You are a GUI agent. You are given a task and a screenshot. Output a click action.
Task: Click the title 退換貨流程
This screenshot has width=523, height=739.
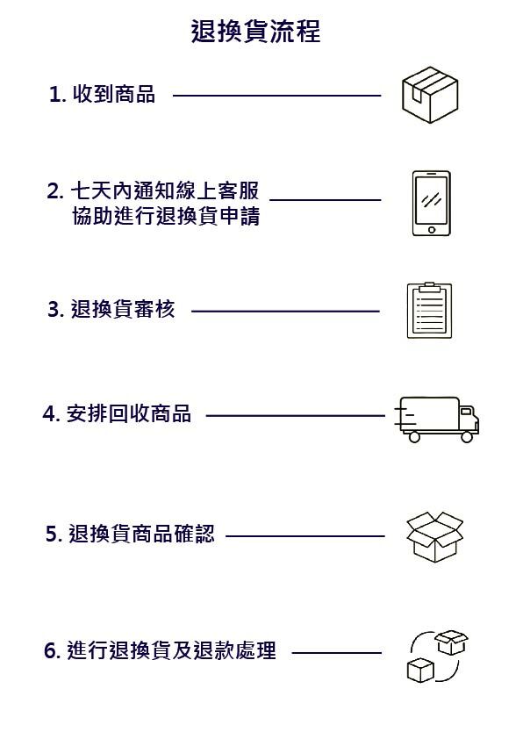(x=256, y=32)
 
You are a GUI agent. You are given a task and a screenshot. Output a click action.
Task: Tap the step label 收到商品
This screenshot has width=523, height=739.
(x=114, y=94)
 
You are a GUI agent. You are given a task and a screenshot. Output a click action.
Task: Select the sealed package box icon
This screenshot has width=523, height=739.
(x=430, y=95)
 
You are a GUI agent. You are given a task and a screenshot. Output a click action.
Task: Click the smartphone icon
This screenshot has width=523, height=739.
(x=431, y=203)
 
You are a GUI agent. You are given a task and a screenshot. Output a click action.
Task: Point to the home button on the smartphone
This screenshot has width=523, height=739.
(x=432, y=230)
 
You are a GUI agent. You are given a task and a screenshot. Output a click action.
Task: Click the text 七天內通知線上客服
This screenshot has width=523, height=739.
(x=165, y=190)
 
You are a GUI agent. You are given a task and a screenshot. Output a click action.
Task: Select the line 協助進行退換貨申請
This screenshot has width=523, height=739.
(x=166, y=216)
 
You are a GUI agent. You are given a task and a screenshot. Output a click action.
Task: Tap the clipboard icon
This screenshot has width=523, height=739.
(x=429, y=310)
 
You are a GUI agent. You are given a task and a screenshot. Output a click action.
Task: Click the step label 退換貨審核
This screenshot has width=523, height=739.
(x=123, y=309)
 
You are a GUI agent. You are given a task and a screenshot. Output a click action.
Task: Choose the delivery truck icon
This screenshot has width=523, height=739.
(x=436, y=420)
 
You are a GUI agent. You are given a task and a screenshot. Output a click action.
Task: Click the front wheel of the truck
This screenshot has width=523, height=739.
(x=467, y=437)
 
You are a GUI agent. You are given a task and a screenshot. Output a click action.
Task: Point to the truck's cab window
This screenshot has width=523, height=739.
(x=465, y=412)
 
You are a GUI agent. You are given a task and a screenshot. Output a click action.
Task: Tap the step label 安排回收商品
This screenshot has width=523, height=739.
(x=129, y=413)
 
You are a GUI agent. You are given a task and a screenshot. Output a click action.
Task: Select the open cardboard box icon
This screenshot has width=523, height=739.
(x=434, y=537)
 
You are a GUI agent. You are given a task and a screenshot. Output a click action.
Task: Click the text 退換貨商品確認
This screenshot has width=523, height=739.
(x=142, y=534)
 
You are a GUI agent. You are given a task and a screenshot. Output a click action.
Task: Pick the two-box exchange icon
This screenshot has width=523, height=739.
(x=437, y=656)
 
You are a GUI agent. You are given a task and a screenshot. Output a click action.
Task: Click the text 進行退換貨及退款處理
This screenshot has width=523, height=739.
(x=171, y=651)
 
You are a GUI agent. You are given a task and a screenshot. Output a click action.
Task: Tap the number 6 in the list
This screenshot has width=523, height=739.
(x=51, y=651)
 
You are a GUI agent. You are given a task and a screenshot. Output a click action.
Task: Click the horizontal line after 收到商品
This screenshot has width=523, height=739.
(x=277, y=96)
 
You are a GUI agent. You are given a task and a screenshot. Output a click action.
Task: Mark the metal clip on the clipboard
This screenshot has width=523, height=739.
(x=429, y=287)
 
